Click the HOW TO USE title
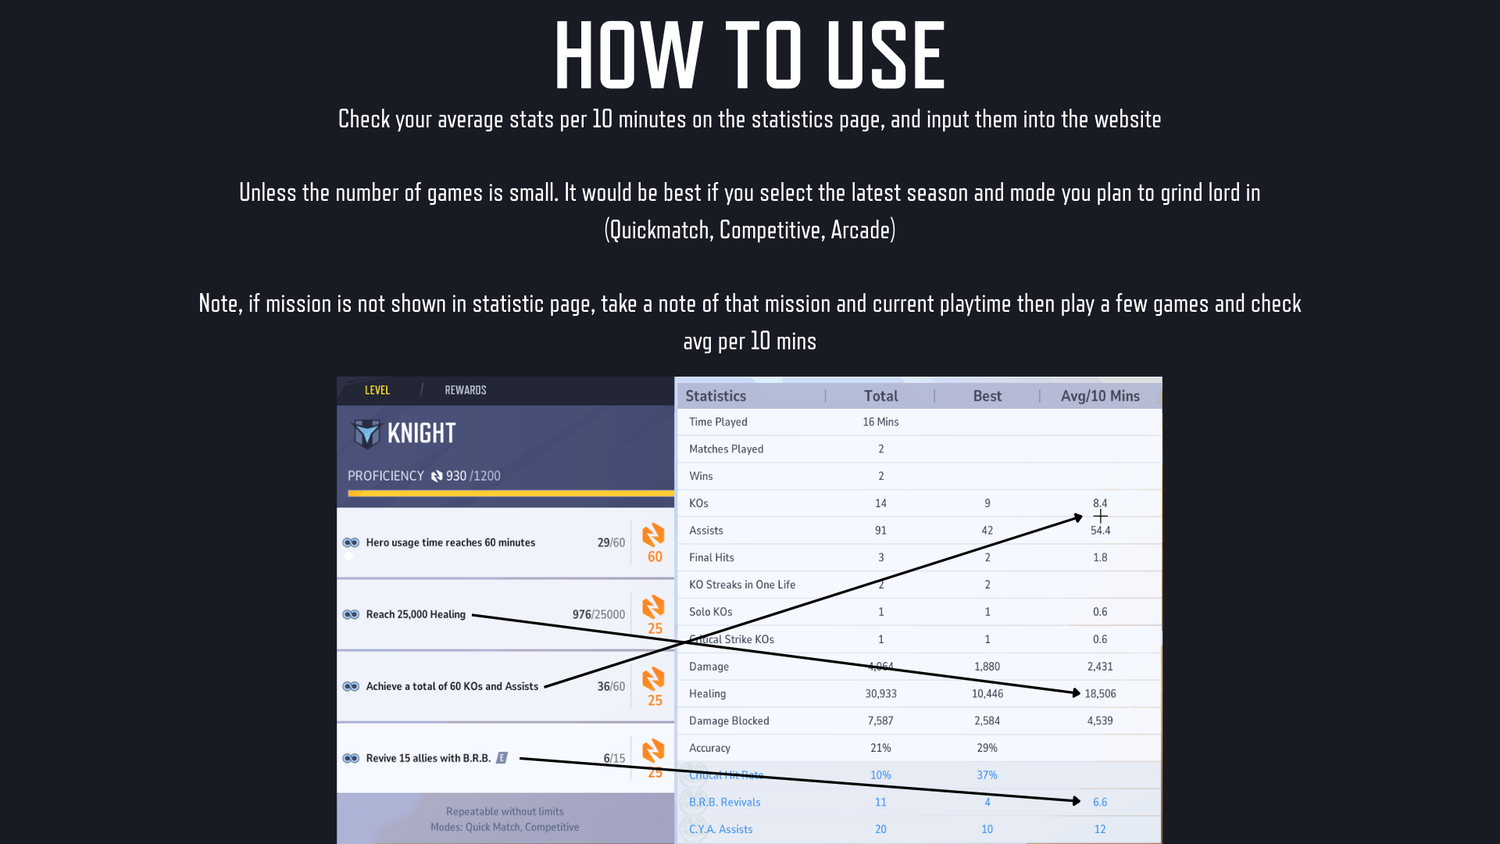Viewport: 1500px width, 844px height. coord(750,55)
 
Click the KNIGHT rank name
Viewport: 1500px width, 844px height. coord(421,433)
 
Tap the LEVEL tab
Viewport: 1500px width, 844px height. coord(377,390)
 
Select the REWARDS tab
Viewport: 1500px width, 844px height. coord(466,390)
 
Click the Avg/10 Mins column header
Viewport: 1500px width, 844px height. coord(1100,396)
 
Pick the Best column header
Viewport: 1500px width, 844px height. coord(987,396)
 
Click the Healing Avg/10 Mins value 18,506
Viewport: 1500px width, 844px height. coord(1100,694)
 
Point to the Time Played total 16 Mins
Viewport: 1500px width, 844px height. coord(880,422)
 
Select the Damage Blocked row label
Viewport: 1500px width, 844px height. coord(729,721)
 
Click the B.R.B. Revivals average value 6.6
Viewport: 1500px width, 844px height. coord(1100,803)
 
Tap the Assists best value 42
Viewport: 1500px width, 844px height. coord(987,531)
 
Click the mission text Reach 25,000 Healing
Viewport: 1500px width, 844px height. coord(416,614)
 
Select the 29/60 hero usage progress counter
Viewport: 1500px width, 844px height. coord(611,542)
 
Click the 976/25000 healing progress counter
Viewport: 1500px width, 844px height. coord(598,614)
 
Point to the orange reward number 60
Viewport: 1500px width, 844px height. coord(655,557)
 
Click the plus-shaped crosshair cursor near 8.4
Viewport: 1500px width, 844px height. coord(1101,516)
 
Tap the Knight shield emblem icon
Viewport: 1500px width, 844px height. coord(366,433)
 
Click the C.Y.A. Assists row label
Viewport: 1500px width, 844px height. coord(721,829)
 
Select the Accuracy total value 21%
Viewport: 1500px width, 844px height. coord(880,748)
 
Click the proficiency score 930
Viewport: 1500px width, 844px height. coord(456,476)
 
